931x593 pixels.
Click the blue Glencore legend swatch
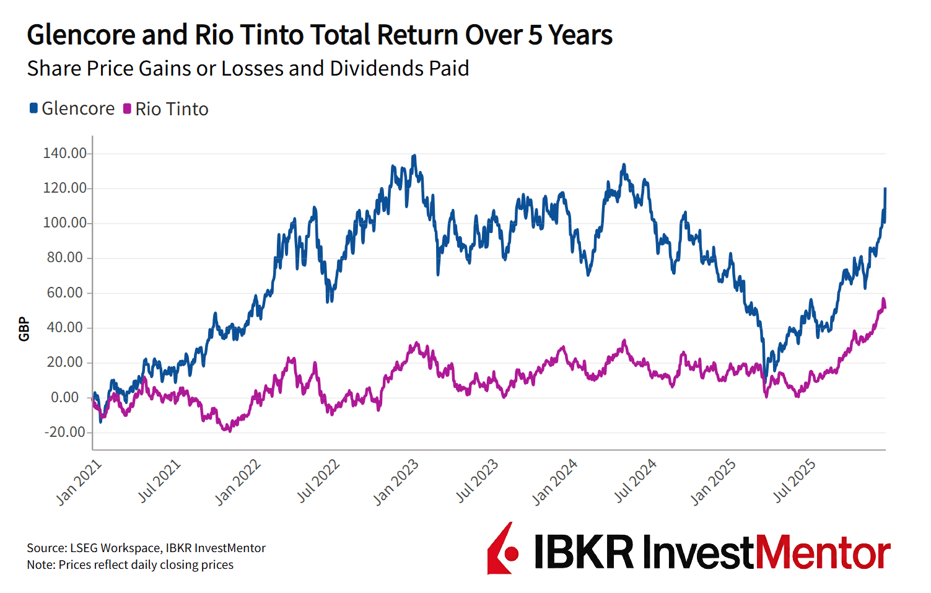(34, 108)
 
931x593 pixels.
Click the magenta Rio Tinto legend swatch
(127, 108)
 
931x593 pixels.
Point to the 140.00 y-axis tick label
(64, 153)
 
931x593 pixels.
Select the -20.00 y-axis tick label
(64, 432)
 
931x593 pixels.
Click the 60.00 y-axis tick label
(64, 292)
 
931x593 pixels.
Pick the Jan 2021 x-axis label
(79, 483)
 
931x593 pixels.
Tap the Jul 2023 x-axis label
(477, 481)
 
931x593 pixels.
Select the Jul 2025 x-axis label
(794, 481)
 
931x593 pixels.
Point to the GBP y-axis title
(24, 328)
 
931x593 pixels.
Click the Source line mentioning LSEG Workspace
(146, 548)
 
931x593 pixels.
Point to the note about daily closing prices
(130, 564)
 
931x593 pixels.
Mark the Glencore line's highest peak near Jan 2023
(414, 156)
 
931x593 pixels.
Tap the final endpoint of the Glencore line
(885, 188)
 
